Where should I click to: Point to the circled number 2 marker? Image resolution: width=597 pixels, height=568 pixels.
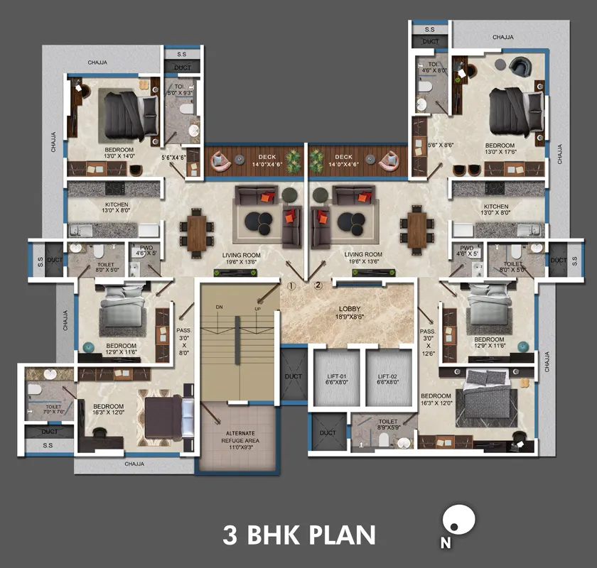[x=318, y=286]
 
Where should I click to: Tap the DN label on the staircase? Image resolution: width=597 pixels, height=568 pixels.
[x=219, y=306]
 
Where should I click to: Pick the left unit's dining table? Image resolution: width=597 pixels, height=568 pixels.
[x=196, y=230]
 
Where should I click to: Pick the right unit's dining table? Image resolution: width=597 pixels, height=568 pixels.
[x=416, y=230]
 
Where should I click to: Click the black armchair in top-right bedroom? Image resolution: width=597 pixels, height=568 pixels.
[x=520, y=66]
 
